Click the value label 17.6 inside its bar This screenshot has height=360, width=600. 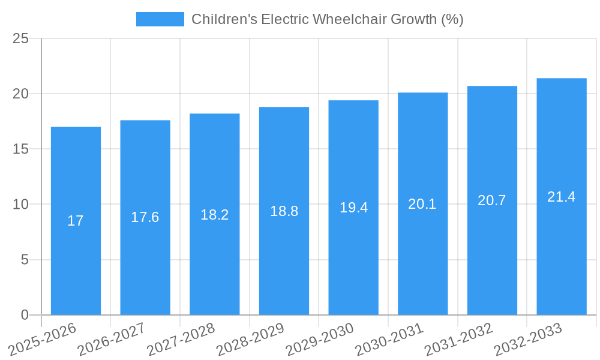[x=145, y=217]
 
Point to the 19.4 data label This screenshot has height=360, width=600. [x=353, y=208]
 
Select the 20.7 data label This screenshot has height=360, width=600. [x=492, y=200]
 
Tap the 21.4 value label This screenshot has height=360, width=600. [x=562, y=197]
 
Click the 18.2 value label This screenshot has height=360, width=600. [x=215, y=214]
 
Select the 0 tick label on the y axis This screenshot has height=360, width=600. [x=25, y=315]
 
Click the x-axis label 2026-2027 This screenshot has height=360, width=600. [x=112, y=340]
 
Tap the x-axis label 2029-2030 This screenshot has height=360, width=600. [x=320, y=340]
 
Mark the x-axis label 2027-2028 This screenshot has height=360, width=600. [x=181, y=340]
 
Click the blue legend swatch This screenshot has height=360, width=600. [x=160, y=19]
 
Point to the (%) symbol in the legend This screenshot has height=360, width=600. [x=452, y=19]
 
